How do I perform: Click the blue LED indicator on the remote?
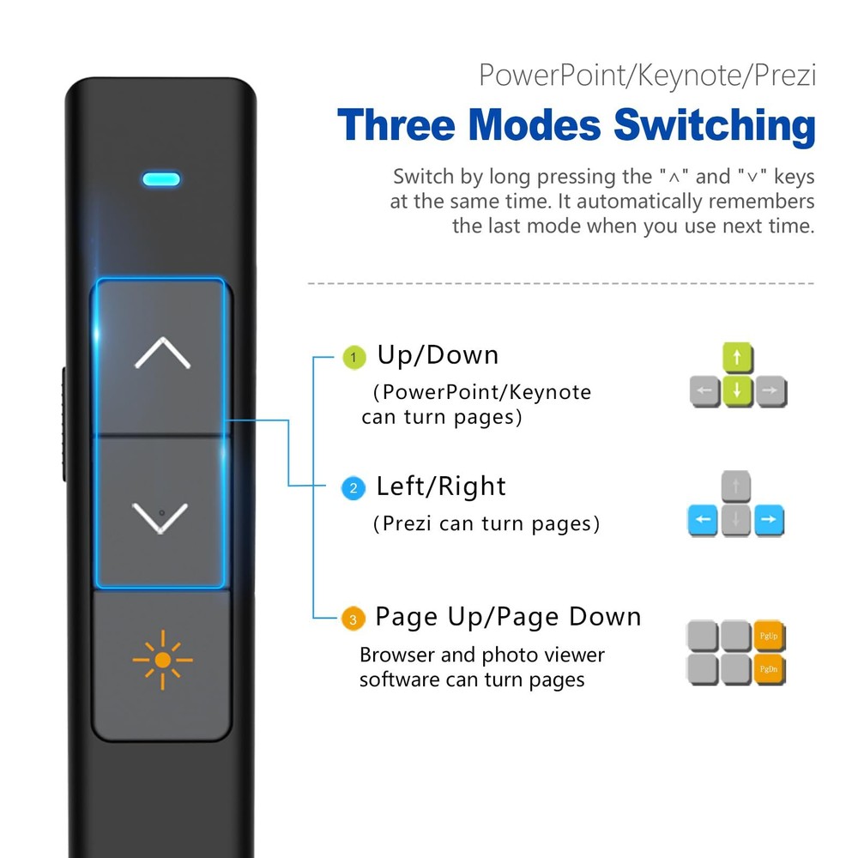pos(161,179)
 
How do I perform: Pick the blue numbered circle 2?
pos(352,488)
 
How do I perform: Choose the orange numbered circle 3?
pos(352,619)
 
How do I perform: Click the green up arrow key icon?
pos(737,358)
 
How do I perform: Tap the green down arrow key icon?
pos(737,392)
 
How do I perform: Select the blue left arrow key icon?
pos(703,520)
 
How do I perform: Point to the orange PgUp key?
pos(770,636)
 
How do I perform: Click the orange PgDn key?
pos(770,669)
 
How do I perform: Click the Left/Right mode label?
pos(441,486)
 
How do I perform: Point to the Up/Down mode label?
pos(438,355)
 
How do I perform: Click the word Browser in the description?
pos(396,656)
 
